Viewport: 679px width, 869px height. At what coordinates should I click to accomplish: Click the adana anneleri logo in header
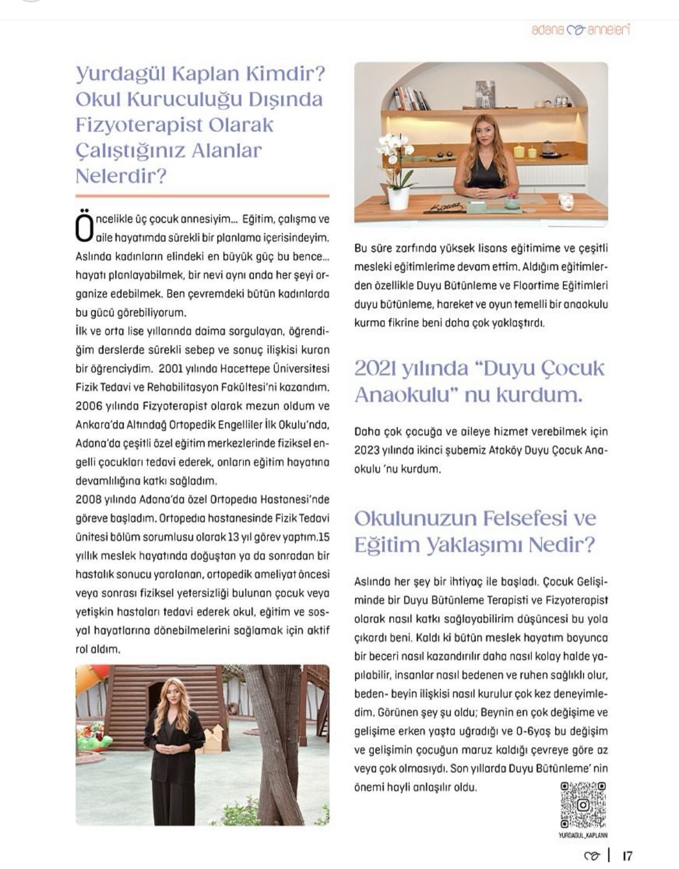pos(580,29)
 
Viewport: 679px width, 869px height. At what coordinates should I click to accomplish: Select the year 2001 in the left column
pos(170,368)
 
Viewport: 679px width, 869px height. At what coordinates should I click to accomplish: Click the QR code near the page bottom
pos(583,805)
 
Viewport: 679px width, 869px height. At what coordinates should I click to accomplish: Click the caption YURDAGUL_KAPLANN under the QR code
pos(583,836)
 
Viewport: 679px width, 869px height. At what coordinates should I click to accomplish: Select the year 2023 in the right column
pos(367,450)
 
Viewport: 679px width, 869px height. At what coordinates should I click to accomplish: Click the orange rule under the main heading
pos(202,195)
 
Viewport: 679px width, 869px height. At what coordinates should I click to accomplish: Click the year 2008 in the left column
pos(87,500)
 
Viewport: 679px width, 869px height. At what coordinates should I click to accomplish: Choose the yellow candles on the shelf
pos(524,152)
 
